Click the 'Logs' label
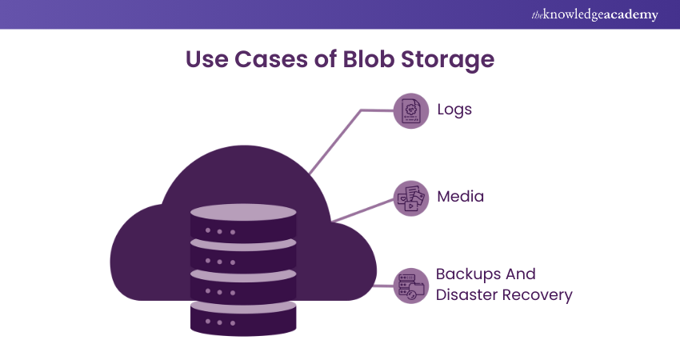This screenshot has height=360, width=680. [454, 109]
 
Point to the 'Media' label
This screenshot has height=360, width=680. [460, 195]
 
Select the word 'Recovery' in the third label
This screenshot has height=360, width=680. [537, 295]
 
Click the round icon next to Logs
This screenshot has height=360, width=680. [411, 110]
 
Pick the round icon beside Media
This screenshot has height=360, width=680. [411, 197]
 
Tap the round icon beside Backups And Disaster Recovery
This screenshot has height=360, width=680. [411, 286]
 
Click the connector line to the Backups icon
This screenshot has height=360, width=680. [384, 286]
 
